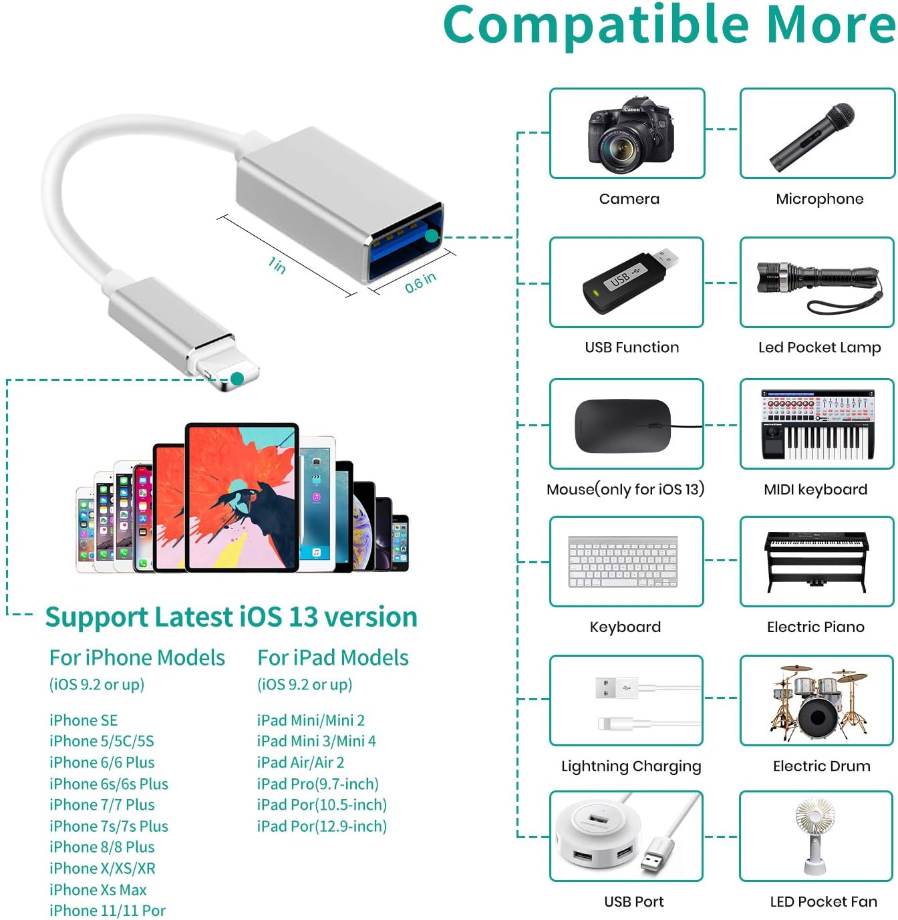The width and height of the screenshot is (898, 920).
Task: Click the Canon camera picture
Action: (629, 137)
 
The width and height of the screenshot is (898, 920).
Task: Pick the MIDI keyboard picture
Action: (817, 425)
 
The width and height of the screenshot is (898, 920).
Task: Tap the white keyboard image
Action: (623, 562)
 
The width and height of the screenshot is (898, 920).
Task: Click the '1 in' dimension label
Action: (277, 265)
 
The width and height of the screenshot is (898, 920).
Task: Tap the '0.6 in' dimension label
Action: (420, 282)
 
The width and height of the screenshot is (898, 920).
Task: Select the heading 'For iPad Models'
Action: (333, 658)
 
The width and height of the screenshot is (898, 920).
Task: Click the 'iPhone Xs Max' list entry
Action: (98, 890)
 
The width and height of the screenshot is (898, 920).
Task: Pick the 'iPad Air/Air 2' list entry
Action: (300, 762)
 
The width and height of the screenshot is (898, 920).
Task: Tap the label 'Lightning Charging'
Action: (631, 766)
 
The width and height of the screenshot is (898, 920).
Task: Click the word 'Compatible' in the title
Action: (597, 25)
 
